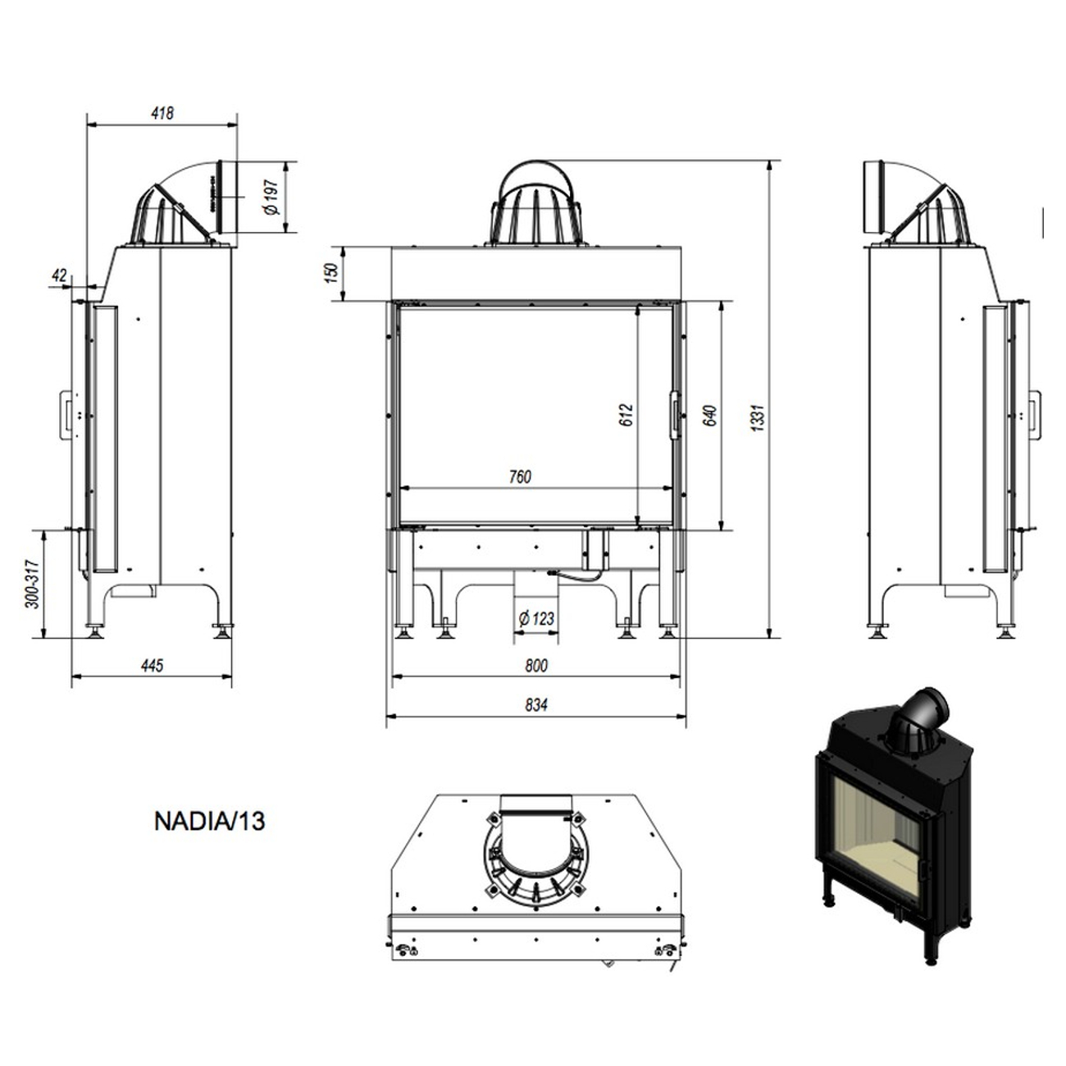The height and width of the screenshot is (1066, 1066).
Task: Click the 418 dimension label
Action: (162, 113)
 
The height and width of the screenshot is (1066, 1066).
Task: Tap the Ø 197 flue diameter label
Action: (274, 198)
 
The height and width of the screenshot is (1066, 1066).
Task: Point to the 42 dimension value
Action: (58, 276)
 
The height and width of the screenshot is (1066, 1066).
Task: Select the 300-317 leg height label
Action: (32, 583)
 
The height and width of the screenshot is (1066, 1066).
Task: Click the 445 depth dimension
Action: (153, 665)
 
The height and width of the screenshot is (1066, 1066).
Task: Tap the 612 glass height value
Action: (627, 416)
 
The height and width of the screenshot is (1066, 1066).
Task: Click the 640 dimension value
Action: (710, 416)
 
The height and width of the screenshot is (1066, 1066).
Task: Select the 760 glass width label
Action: (520, 476)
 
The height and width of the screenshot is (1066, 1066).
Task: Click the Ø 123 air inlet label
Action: (536, 619)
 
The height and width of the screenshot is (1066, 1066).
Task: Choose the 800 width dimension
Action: (535, 665)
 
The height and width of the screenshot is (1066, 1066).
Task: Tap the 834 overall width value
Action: (535, 704)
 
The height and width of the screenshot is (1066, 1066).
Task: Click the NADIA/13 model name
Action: (209, 821)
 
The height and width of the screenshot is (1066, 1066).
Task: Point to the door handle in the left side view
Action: (64, 414)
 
